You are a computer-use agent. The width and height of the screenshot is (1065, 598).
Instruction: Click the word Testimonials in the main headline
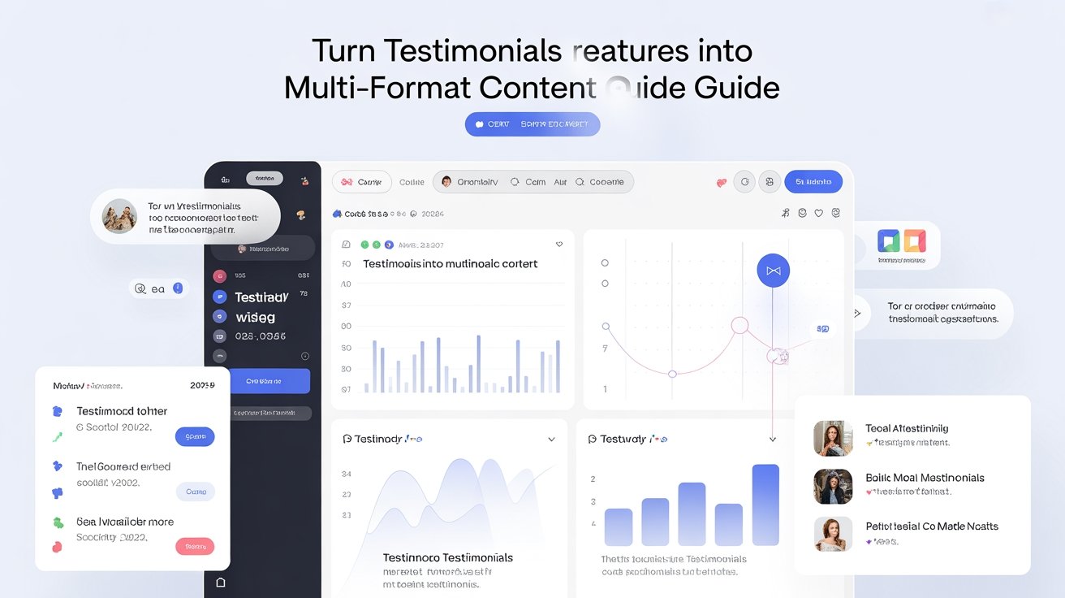coord(472,50)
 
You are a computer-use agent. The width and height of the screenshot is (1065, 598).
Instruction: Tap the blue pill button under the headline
coord(532,124)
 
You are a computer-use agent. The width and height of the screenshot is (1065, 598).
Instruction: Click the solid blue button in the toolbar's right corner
coord(813,182)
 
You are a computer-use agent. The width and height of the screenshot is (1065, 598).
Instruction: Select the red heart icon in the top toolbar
coord(721,183)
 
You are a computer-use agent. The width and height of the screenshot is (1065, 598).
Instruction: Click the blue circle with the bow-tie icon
coord(773,271)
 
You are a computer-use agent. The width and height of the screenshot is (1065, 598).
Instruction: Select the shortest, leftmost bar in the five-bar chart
coord(618,526)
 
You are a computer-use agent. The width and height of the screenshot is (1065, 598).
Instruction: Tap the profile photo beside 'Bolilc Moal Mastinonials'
coord(833,486)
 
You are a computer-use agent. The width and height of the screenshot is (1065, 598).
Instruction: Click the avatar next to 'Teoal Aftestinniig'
coord(833,438)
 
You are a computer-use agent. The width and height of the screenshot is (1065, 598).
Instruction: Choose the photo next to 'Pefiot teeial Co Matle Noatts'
coord(833,534)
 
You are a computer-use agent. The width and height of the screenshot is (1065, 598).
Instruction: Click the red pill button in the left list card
coord(195,547)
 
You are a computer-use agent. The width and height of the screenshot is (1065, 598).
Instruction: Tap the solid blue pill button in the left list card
coord(195,436)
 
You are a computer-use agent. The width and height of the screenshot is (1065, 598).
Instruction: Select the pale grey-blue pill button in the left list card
coord(195,492)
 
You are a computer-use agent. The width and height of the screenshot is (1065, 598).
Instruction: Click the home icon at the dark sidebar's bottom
coord(220,583)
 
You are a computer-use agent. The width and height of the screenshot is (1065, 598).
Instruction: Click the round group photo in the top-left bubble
coord(119,216)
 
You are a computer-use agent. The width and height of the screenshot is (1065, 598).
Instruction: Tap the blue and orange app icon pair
coord(901,241)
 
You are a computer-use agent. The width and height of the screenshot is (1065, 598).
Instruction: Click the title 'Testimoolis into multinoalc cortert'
coord(450,264)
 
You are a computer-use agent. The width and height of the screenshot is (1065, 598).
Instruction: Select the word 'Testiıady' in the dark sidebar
coord(261,298)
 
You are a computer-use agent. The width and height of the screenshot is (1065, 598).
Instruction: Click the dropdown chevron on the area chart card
coord(551,440)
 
